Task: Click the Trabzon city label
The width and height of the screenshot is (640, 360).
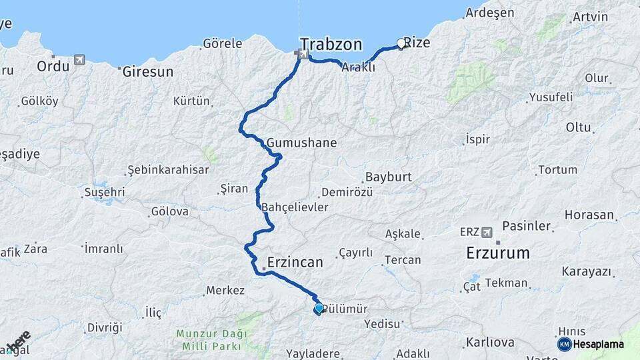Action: tap(331, 45)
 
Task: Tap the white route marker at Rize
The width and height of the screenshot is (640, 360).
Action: tap(401, 44)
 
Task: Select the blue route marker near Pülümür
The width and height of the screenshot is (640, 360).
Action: tap(319, 308)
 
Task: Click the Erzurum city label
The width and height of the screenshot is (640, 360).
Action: tap(498, 253)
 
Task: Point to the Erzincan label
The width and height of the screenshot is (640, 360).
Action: tap(295, 262)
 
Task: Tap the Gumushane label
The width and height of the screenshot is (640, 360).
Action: tap(301, 143)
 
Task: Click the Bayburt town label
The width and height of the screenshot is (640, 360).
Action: tap(388, 178)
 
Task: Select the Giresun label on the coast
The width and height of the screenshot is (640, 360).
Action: tap(147, 71)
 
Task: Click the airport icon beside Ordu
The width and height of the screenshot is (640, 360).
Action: tap(80, 60)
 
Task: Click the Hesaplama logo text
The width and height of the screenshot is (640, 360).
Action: tap(598, 344)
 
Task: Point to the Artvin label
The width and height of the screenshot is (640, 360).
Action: tap(590, 17)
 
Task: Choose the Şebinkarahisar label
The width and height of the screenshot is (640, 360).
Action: tap(168, 169)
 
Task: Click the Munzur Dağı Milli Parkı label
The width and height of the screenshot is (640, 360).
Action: tap(211, 339)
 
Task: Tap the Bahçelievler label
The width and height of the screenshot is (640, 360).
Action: tap(295, 207)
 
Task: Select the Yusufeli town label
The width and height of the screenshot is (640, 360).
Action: tap(551, 97)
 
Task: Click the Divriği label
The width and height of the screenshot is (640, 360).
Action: tap(105, 328)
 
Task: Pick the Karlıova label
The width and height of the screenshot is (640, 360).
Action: tap(490, 343)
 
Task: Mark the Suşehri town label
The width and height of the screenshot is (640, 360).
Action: tap(104, 193)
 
